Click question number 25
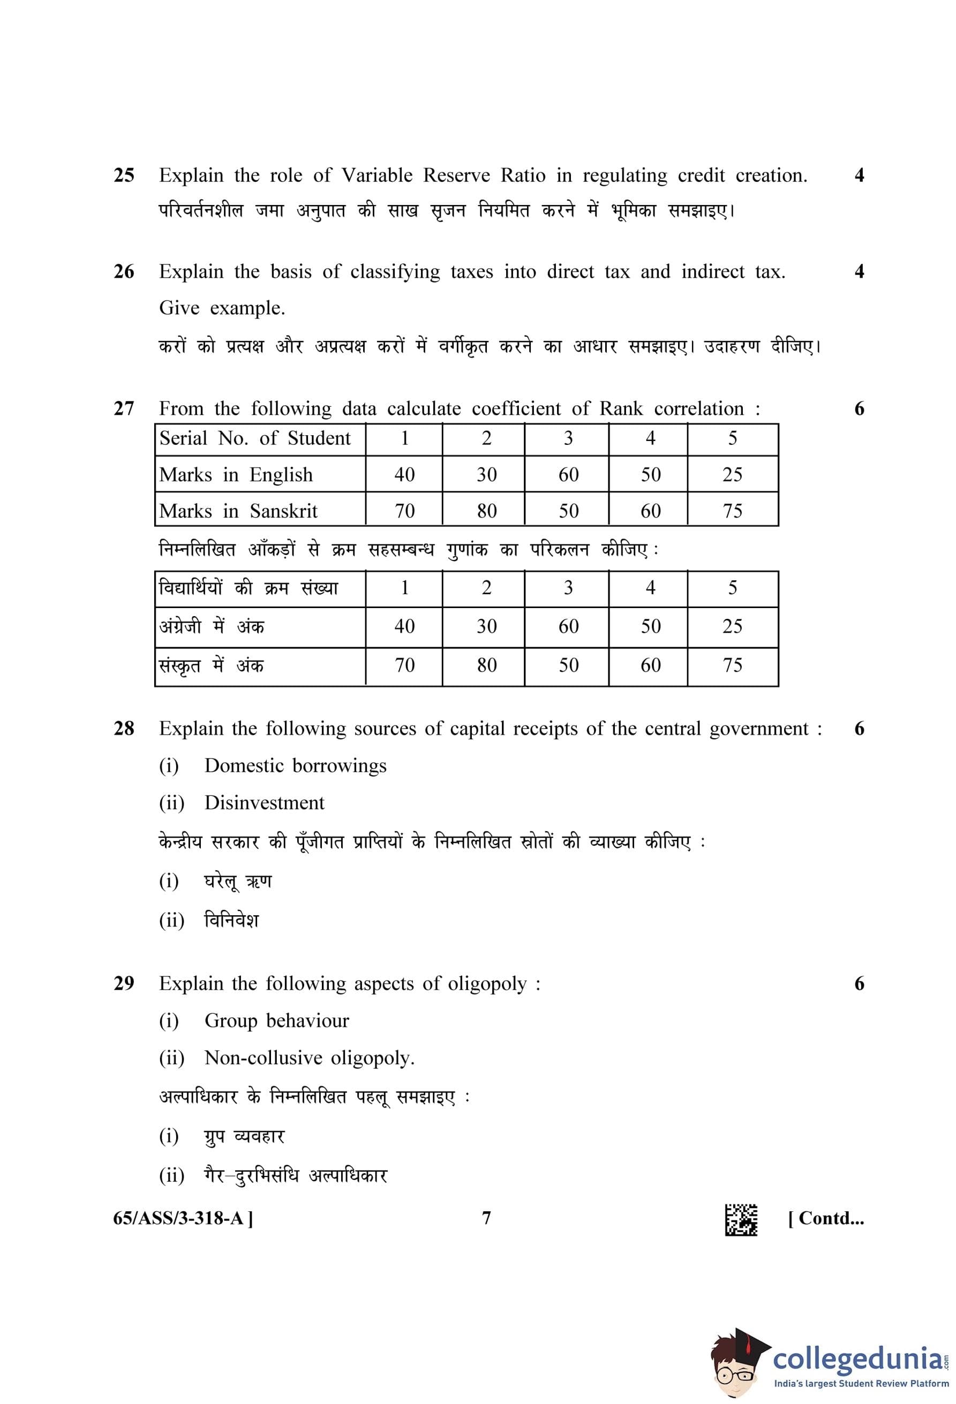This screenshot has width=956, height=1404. [x=124, y=175]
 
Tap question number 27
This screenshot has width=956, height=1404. [x=124, y=409]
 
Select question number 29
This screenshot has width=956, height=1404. [x=124, y=983]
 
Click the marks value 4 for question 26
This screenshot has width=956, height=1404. [x=859, y=272]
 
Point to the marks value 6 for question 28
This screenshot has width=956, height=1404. [x=859, y=728]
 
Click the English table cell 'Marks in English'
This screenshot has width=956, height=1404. [x=236, y=475]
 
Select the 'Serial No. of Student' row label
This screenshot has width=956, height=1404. [x=254, y=438]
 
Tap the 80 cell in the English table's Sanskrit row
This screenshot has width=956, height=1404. [x=486, y=511]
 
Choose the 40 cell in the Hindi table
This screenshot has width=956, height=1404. [x=404, y=626]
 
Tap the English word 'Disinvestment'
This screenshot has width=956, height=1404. [x=264, y=803]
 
